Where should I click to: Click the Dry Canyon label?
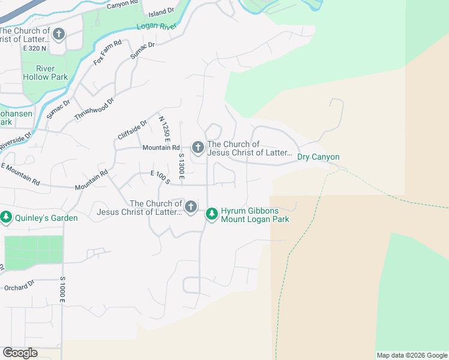tap(318, 157)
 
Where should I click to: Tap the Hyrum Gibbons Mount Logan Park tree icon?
tap(211, 214)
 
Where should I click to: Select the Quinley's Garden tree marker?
tap(7, 217)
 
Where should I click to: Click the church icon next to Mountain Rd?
tap(198, 147)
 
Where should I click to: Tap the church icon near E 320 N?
tap(58, 34)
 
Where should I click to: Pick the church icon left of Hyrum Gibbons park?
tap(190, 208)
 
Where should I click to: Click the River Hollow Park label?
tap(45, 73)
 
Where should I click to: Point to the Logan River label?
tap(155, 26)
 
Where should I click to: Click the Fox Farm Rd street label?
tap(107, 52)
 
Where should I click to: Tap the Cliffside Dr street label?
tap(133, 130)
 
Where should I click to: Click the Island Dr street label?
tap(161, 10)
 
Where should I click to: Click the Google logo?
tap(20, 353)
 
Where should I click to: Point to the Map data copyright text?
tap(412, 355)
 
